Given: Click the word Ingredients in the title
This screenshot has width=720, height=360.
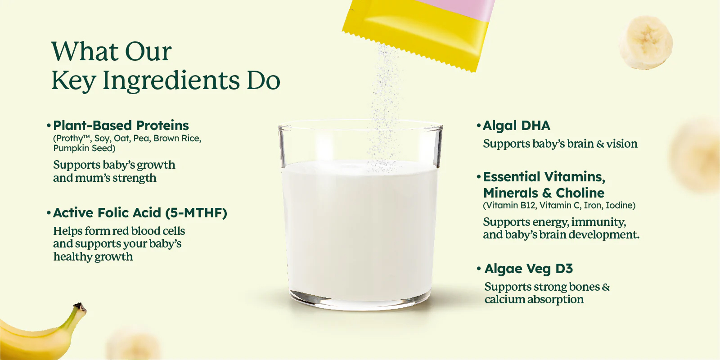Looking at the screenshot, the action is (171, 81).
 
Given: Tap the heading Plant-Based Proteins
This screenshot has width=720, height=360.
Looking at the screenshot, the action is (121, 126).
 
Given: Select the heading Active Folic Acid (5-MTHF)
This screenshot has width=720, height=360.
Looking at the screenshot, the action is (140, 213).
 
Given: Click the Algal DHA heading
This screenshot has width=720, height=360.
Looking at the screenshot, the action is (517, 126).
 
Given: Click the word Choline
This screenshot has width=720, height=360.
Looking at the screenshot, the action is (580, 193).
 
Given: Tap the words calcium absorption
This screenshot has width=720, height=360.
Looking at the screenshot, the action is (534, 300).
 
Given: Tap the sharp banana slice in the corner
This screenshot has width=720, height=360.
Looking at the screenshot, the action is (646, 42).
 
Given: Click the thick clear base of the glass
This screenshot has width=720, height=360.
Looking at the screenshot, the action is (360, 301).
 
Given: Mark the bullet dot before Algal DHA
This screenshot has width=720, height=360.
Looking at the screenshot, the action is (479, 126).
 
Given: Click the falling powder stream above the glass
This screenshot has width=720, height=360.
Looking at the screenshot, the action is (384, 106).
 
